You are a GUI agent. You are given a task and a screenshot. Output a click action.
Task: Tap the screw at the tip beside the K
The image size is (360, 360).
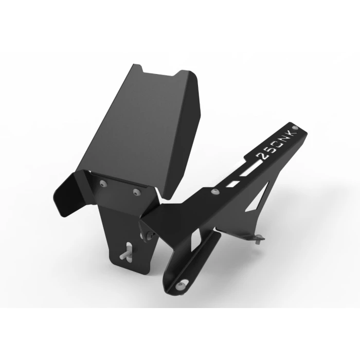[x=296, y=127]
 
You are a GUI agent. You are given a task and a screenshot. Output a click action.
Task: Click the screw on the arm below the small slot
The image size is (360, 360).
[x=215, y=191]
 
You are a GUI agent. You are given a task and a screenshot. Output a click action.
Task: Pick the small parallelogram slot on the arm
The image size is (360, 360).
[x=232, y=183]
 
